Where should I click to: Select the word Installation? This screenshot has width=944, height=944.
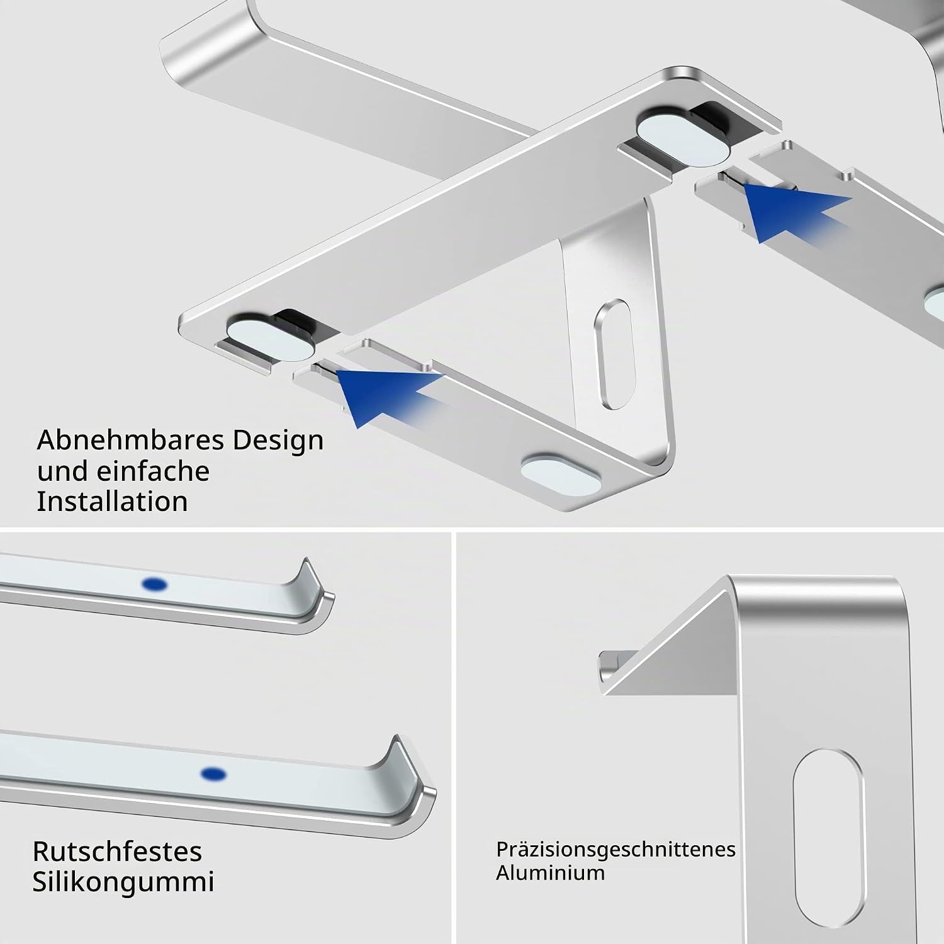pyautogui.click(x=112, y=502)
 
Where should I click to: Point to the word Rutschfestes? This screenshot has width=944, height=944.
pyautogui.click(x=117, y=851)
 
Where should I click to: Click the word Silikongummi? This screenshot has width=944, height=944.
pyautogui.click(x=123, y=882)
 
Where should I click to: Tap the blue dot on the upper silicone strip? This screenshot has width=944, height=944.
pyautogui.click(x=155, y=585)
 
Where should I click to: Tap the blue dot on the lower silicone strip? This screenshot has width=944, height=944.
pyautogui.click(x=214, y=773)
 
